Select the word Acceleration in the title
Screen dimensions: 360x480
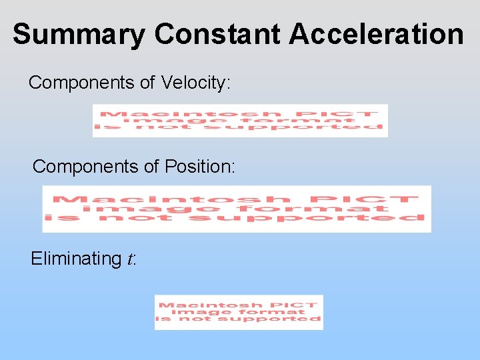click(376, 35)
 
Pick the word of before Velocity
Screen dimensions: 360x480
click(148, 83)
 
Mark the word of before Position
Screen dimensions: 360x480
click(152, 167)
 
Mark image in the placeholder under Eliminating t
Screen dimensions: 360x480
click(195, 312)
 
